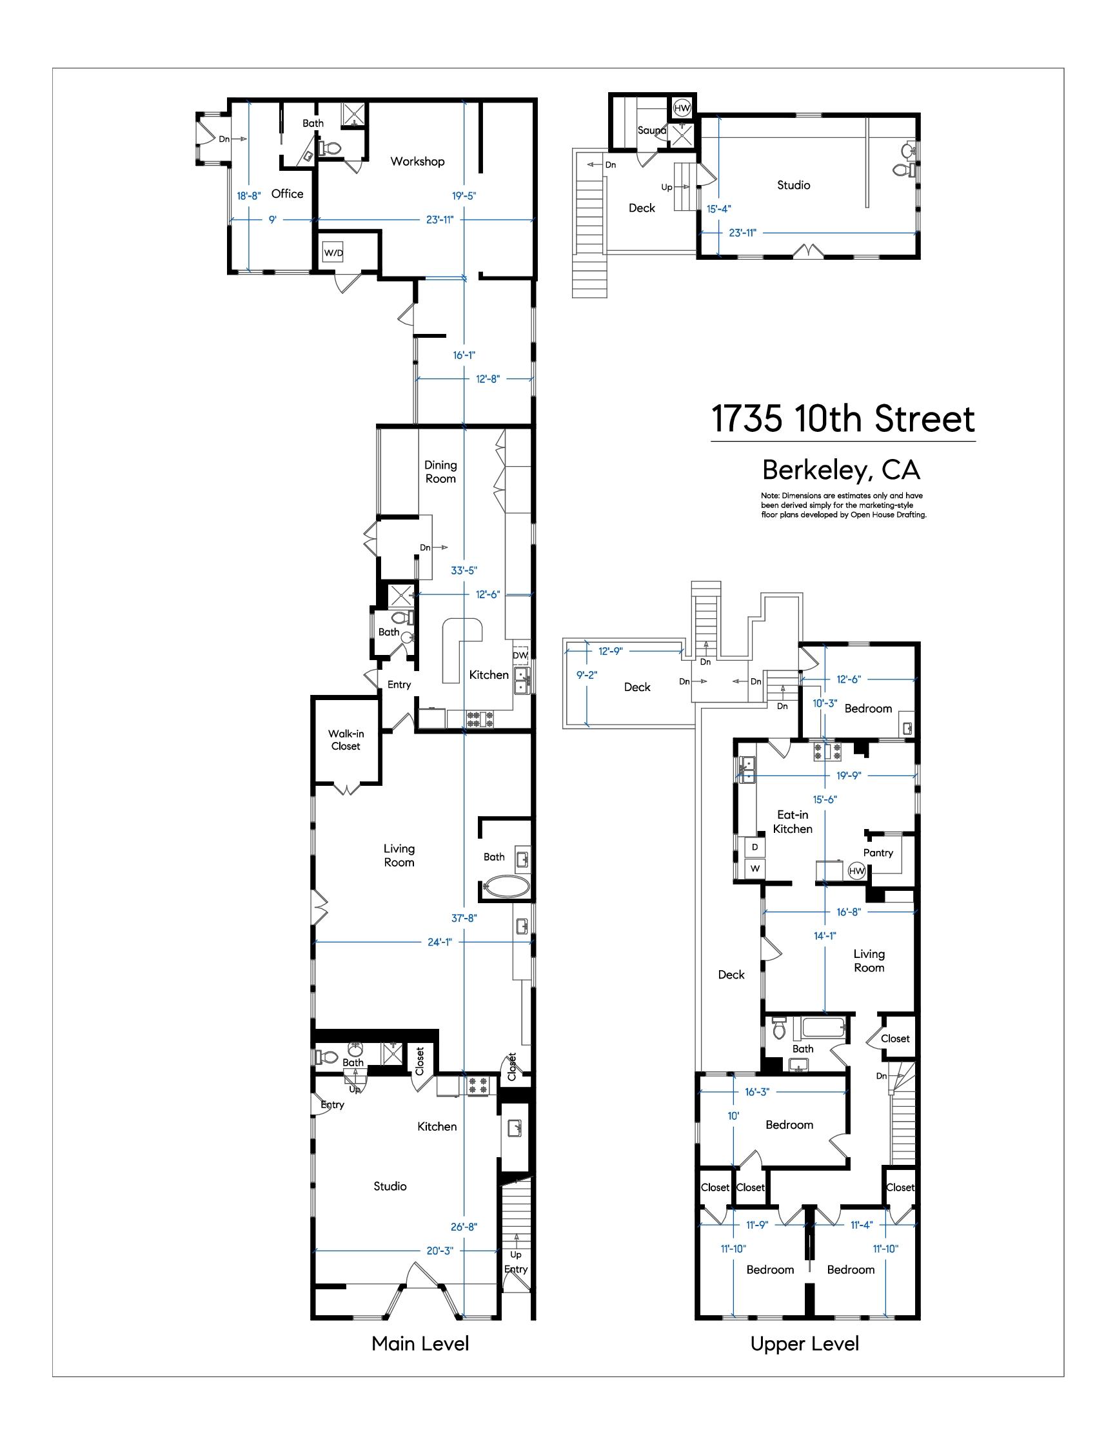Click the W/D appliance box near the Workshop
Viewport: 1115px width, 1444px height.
[x=333, y=253]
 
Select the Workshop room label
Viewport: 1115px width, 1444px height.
[x=417, y=161]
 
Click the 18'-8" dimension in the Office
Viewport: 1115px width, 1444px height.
[x=249, y=196]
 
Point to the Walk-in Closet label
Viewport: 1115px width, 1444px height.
[x=346, y=740]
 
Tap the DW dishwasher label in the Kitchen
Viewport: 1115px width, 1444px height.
[x=520, y=655]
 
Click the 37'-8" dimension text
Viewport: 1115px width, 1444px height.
[x=464, y=918]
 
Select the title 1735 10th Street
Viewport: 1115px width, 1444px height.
[x=842, y=418]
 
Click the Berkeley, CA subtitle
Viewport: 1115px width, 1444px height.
[x=841, y=470]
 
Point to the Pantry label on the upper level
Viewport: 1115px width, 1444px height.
[x=878, y=853]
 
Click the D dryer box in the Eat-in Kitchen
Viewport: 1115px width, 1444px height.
[x=755, y=847]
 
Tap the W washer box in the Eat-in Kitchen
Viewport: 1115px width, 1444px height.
[x=755, y=868]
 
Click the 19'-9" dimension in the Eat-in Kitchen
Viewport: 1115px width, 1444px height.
[x=848, y=776]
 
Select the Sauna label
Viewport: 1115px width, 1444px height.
[x=651, y=130]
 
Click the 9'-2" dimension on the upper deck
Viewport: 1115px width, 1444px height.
[x=587, y=676]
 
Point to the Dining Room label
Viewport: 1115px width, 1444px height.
[x=440, y=472]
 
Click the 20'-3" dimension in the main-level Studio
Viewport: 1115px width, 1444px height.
[x=440, y=1251]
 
